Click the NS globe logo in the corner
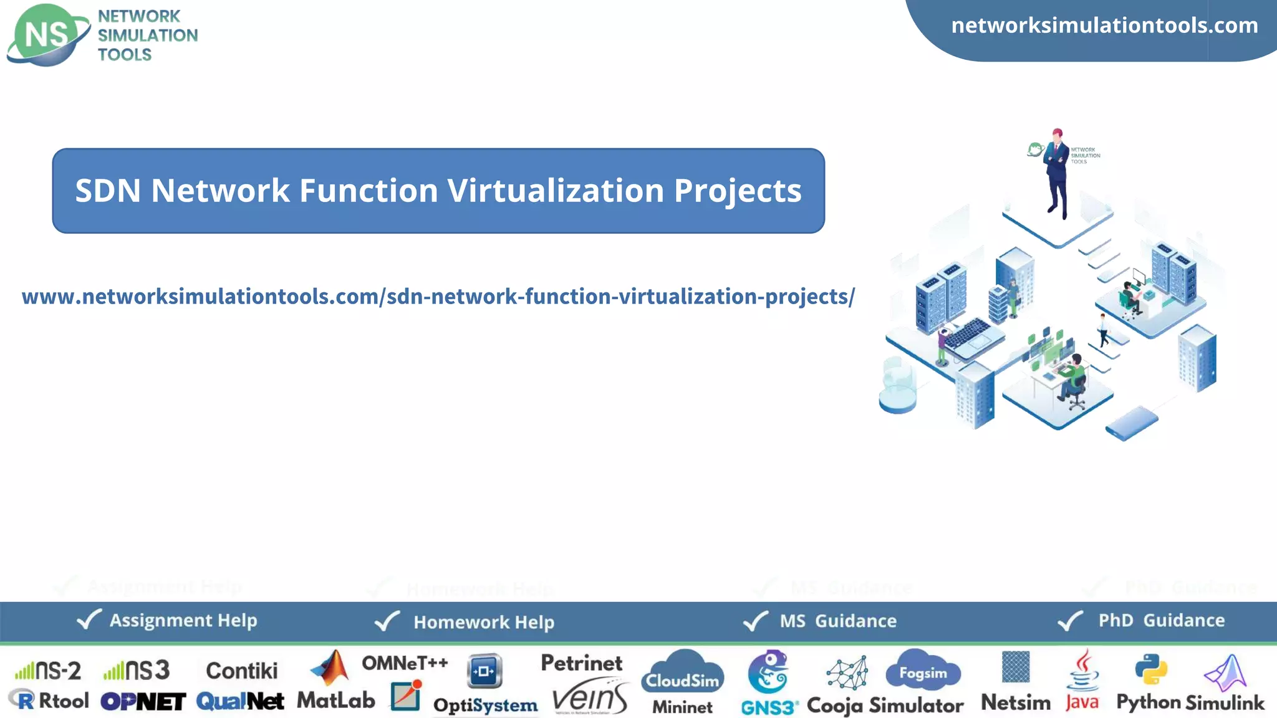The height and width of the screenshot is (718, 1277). (47, 35)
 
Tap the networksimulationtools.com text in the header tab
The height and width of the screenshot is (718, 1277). (1104, 26)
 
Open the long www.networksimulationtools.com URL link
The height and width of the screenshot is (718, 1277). (438, 297)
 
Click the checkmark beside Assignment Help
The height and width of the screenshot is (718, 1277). (89, 620)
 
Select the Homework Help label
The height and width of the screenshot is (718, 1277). (484, 622)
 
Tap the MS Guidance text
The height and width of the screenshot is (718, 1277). (838, 621)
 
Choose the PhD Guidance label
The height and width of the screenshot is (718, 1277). (1161, 620)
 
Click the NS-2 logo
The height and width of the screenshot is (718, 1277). (49, 671)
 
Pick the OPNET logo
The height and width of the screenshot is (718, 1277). (143, 702)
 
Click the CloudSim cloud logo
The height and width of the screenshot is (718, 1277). (682, 673)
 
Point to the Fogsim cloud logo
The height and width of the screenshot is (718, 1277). (923, 671)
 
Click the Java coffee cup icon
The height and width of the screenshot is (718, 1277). (1083, 671)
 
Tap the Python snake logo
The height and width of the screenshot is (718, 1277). (1151, 669)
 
